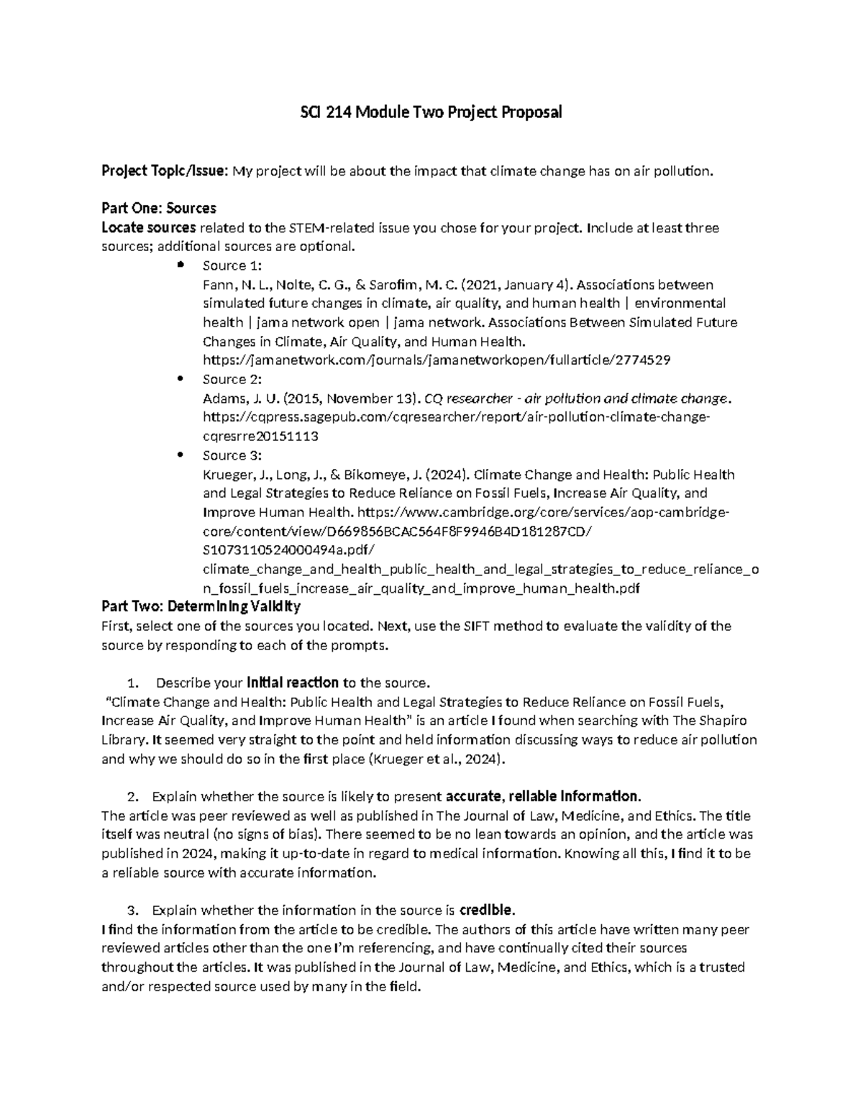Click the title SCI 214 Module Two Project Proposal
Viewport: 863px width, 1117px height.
431,112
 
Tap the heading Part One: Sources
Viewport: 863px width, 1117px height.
159,209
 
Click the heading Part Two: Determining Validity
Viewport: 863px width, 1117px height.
201,606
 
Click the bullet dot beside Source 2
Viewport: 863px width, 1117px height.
179,378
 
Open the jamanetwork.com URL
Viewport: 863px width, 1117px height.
437,360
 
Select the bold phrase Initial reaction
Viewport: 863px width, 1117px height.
293,683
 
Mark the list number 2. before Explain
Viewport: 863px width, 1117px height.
132,797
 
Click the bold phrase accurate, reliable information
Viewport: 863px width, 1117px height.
542,797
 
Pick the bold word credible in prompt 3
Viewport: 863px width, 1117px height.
487,910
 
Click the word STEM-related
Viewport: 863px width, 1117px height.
324,228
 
